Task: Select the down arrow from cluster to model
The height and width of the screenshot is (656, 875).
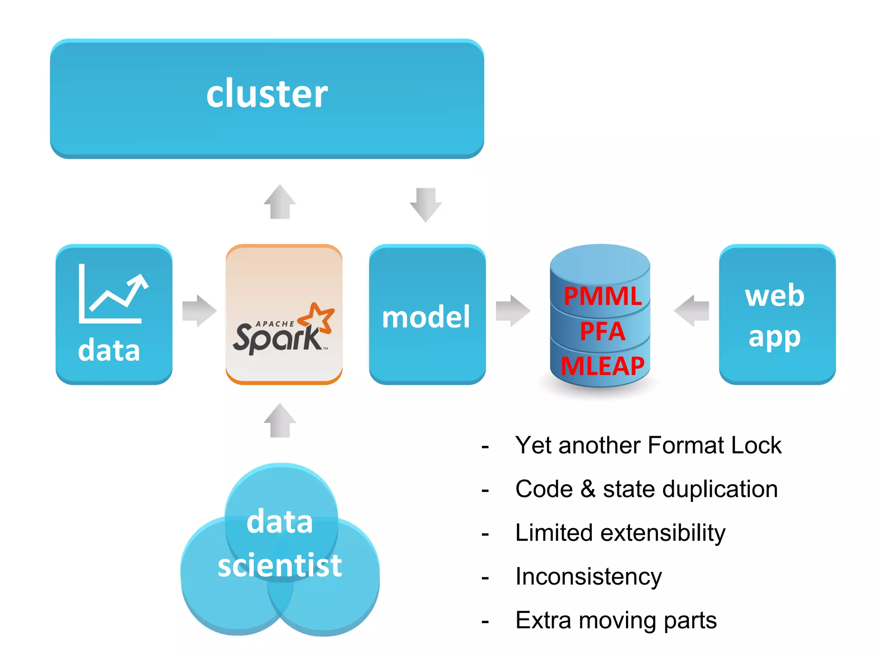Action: coord(426,204)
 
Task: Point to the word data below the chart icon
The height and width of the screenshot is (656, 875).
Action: coord(109,351)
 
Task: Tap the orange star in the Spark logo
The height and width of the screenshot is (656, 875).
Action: coord(317,317)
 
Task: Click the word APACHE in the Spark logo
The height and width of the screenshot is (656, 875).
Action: coord(274,324)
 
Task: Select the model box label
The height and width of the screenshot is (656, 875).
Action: coord(426,317)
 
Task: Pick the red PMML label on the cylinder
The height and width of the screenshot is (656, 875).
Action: coord(602,296)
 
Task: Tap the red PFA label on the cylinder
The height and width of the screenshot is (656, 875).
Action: coord(602,331)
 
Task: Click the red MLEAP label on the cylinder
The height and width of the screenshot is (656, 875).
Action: coord(602,366)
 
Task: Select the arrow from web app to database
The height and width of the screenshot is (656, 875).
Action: coord(692,310)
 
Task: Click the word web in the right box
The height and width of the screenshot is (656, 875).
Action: coord(775,295)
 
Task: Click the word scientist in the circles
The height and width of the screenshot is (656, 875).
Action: coord(280,565)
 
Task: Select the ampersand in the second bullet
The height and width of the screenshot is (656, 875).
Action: coord(588,489)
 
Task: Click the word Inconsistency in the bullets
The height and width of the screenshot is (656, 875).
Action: coord(588,576)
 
